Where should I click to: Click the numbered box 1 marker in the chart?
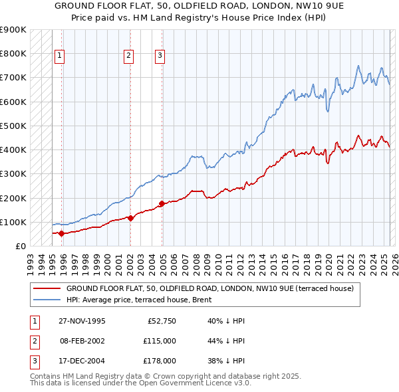tap(60, 56)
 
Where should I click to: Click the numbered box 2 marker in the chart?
tap(128, 56)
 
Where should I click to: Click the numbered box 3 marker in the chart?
tap(160, 56)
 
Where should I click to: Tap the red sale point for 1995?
tap(61, 233)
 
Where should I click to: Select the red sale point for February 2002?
tap(130, 218)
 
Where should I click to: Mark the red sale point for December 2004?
tap(162, 203)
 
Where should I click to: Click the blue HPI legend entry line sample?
tap(47, 299)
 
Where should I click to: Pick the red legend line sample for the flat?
tap(47, 288)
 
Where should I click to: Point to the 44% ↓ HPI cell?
tap(226, 341)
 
